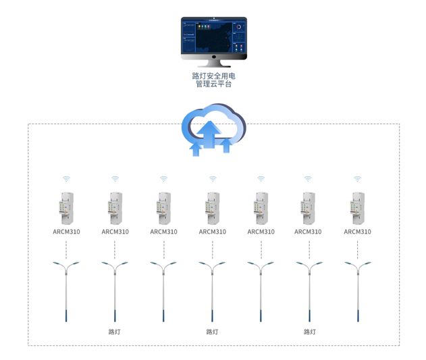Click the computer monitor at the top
213,38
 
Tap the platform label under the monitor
213,80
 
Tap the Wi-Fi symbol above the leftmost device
66,179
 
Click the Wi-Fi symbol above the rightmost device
357,179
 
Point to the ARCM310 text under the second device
115,232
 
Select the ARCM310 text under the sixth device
308,232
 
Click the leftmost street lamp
66,290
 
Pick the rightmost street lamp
357,290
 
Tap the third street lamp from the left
163,290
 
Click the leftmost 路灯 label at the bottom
115,332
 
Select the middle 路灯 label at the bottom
212,332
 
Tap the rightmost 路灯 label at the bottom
310,332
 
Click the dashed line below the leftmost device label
66,249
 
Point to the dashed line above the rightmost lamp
357,249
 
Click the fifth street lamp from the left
261,290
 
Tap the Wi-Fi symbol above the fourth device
213,179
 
